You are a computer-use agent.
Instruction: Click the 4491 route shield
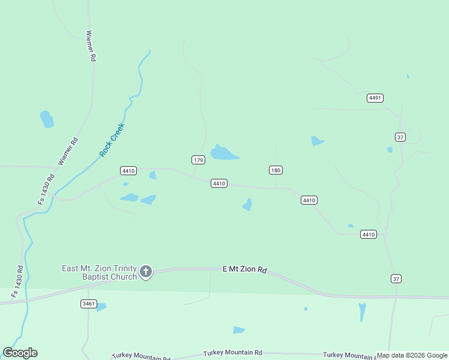click(375, 98)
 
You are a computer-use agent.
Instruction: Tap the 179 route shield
click(199, 160)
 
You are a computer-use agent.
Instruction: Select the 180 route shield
click(276, 170)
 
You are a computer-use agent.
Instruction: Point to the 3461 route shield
click(88, 304)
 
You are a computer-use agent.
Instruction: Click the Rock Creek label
click(111, 140)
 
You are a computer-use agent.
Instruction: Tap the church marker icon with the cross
click(146, 272)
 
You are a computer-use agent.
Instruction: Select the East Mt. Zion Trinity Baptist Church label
click(100, 272)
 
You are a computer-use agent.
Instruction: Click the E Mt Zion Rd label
click(244, 270)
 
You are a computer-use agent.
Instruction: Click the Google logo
click(20, 353)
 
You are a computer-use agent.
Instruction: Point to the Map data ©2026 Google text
click(412, 355)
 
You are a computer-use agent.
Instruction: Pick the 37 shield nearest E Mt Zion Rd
click(396, 278)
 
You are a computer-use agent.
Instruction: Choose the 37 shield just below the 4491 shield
click(400, 137)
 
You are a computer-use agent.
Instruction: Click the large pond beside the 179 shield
click(223, 154)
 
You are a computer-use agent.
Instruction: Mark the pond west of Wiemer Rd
click(47, 119)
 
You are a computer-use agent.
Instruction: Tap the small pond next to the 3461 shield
click(101, 307)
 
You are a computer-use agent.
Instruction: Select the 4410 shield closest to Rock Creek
click(128, 170)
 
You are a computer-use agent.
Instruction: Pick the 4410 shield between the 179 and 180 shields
click(219, 183)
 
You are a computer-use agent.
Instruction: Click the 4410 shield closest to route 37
click(369, 234)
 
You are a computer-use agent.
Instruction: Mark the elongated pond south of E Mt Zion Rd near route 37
click(362, 311)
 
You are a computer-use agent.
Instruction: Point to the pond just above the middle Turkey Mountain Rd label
click(239, 330)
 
